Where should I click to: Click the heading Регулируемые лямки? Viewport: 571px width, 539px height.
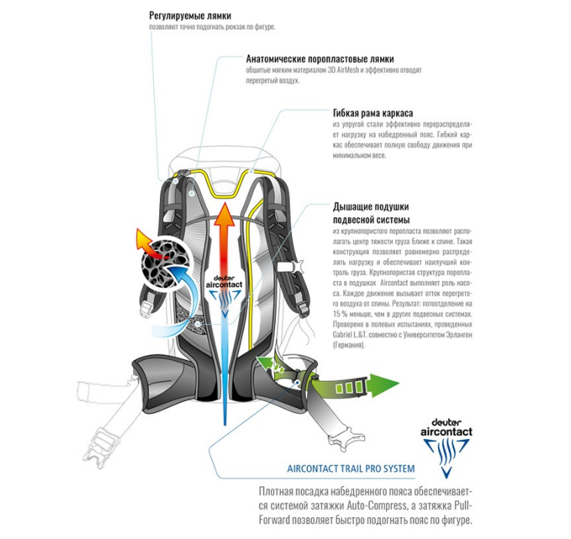click(x=189, y=16)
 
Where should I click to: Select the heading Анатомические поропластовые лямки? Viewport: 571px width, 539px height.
click(x=320, y=59)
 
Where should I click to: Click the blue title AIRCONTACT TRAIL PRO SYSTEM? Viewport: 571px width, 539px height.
click(x=351, y=469)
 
